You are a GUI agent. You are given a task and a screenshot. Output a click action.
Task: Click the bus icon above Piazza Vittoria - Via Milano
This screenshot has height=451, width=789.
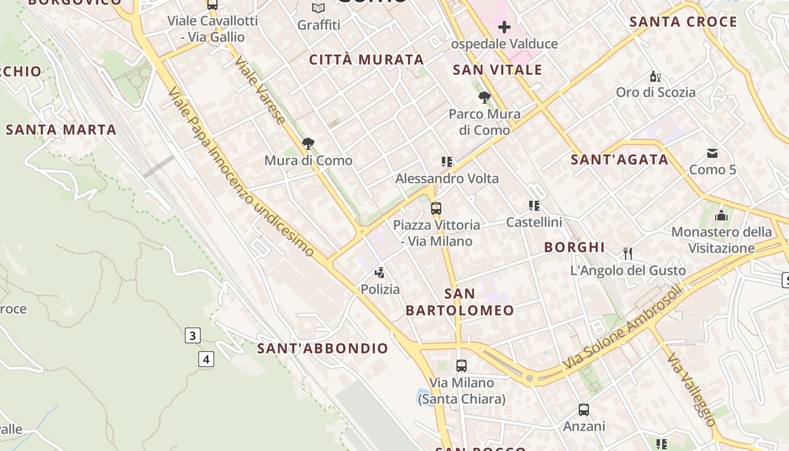436,208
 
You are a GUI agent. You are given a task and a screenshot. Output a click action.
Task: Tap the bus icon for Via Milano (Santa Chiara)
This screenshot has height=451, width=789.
462,365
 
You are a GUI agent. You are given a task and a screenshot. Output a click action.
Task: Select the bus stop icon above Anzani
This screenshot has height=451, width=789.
584,410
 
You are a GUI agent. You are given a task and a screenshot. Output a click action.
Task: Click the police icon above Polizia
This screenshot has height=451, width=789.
380,273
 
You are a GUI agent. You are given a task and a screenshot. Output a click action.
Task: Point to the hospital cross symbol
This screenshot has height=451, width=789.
504,26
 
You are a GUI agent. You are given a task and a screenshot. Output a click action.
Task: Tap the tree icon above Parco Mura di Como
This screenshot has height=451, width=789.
484,98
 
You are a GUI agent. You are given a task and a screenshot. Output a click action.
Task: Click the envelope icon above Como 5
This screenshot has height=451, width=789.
712,153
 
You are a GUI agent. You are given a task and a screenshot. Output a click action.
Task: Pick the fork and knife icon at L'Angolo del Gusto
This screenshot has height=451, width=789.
628,253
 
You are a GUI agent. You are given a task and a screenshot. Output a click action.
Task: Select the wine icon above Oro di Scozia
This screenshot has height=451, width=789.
655,76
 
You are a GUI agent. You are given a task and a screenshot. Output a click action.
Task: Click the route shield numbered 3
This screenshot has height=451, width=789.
192,336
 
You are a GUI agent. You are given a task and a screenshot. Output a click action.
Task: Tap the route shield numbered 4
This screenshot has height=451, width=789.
207,359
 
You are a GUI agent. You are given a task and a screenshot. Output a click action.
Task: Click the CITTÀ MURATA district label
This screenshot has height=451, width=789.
366,60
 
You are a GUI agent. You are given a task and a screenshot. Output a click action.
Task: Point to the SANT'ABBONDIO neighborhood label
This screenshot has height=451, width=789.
323,348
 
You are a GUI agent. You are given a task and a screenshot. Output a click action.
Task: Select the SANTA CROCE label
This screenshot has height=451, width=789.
683,22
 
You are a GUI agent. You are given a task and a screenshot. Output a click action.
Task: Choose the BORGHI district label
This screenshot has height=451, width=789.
574,247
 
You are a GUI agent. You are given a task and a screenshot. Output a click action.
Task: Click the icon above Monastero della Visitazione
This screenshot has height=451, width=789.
721,215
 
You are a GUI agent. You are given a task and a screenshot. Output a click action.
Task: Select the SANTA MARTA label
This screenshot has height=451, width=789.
61,130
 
